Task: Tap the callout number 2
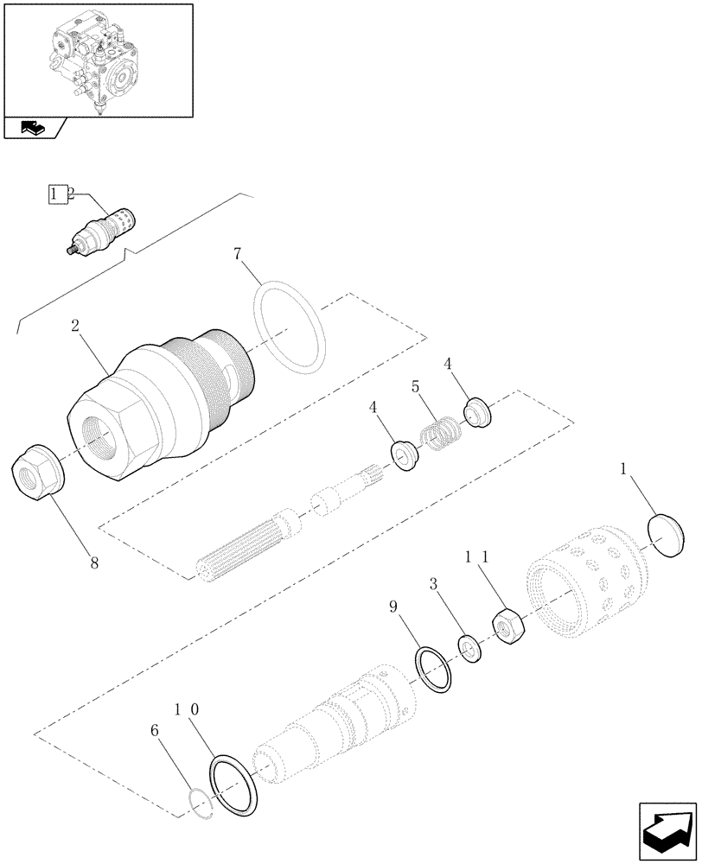(x=76, y=326)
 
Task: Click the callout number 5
(x=416, y=387)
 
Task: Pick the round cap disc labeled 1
(x=673, y=536)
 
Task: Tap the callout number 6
(x=156, y=730)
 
